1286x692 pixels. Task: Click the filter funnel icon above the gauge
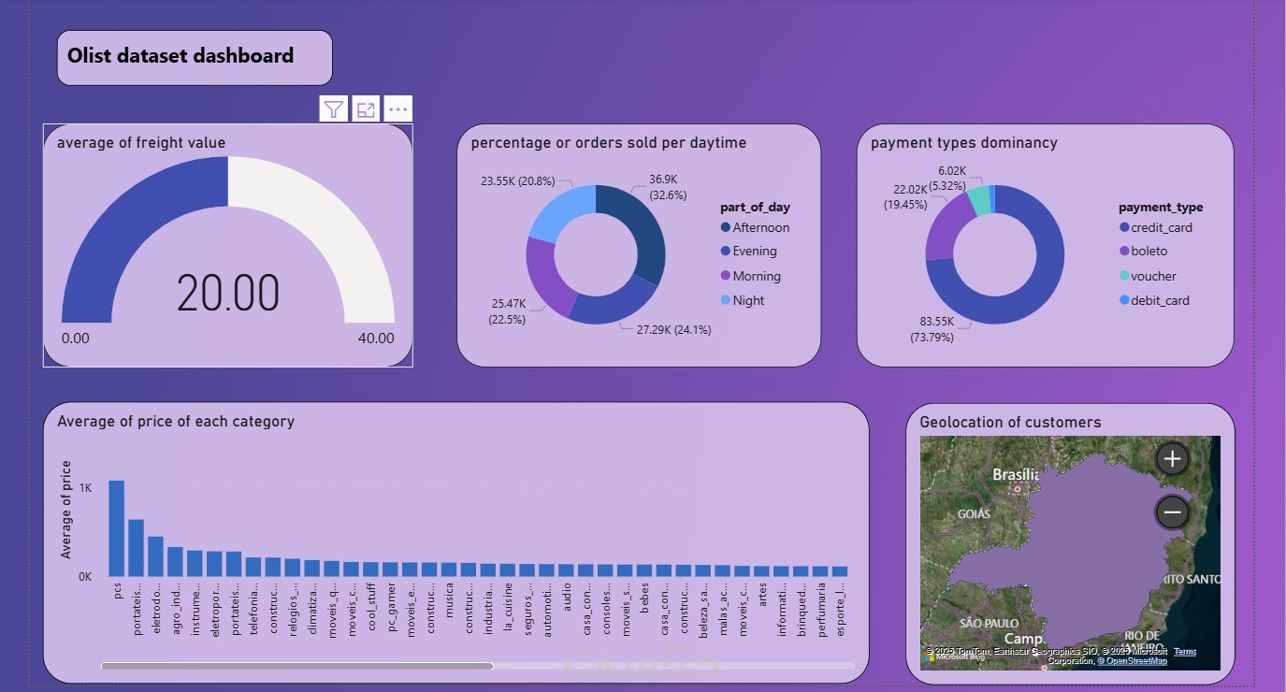(x=333, y=109)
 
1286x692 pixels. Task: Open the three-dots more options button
(x=398, y=109)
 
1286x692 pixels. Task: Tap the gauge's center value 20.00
(x=228, y=294)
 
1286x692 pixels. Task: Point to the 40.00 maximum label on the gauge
(x=376, y=339)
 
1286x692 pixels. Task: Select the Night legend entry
(x=748, y=300)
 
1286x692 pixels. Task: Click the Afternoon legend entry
(x=760, y=227)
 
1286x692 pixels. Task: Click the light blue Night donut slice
(x=559, y=209)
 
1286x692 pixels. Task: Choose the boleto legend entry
(x=1149, y=251)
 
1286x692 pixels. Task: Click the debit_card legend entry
(x=1160, y=300)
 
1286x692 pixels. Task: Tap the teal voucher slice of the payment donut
(x=978, y=199)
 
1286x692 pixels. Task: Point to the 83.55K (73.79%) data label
(x=932, y=329)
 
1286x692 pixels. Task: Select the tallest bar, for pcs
(x=116, y=528)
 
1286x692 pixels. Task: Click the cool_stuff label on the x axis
(x=371, y=611)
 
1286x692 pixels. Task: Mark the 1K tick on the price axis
(x=85, y=488)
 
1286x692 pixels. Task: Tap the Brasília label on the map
(x=1016, y=475)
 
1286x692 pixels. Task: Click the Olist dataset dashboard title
(x=181, y=56)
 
